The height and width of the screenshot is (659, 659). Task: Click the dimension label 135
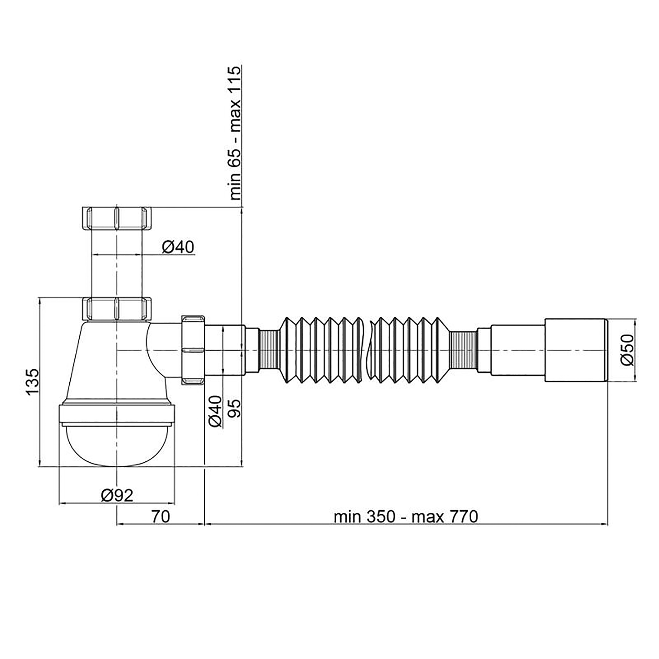point(33,382)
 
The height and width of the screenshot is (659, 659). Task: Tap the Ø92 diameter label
point(117,496)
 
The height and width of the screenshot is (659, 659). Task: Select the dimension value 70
point(161,517)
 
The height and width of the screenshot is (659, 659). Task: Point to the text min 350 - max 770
point(406,517)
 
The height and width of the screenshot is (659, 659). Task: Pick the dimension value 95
point(235,408)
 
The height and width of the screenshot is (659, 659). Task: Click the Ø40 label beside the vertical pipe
point(178,247)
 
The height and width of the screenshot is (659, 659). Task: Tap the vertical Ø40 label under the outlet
point(215,411)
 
